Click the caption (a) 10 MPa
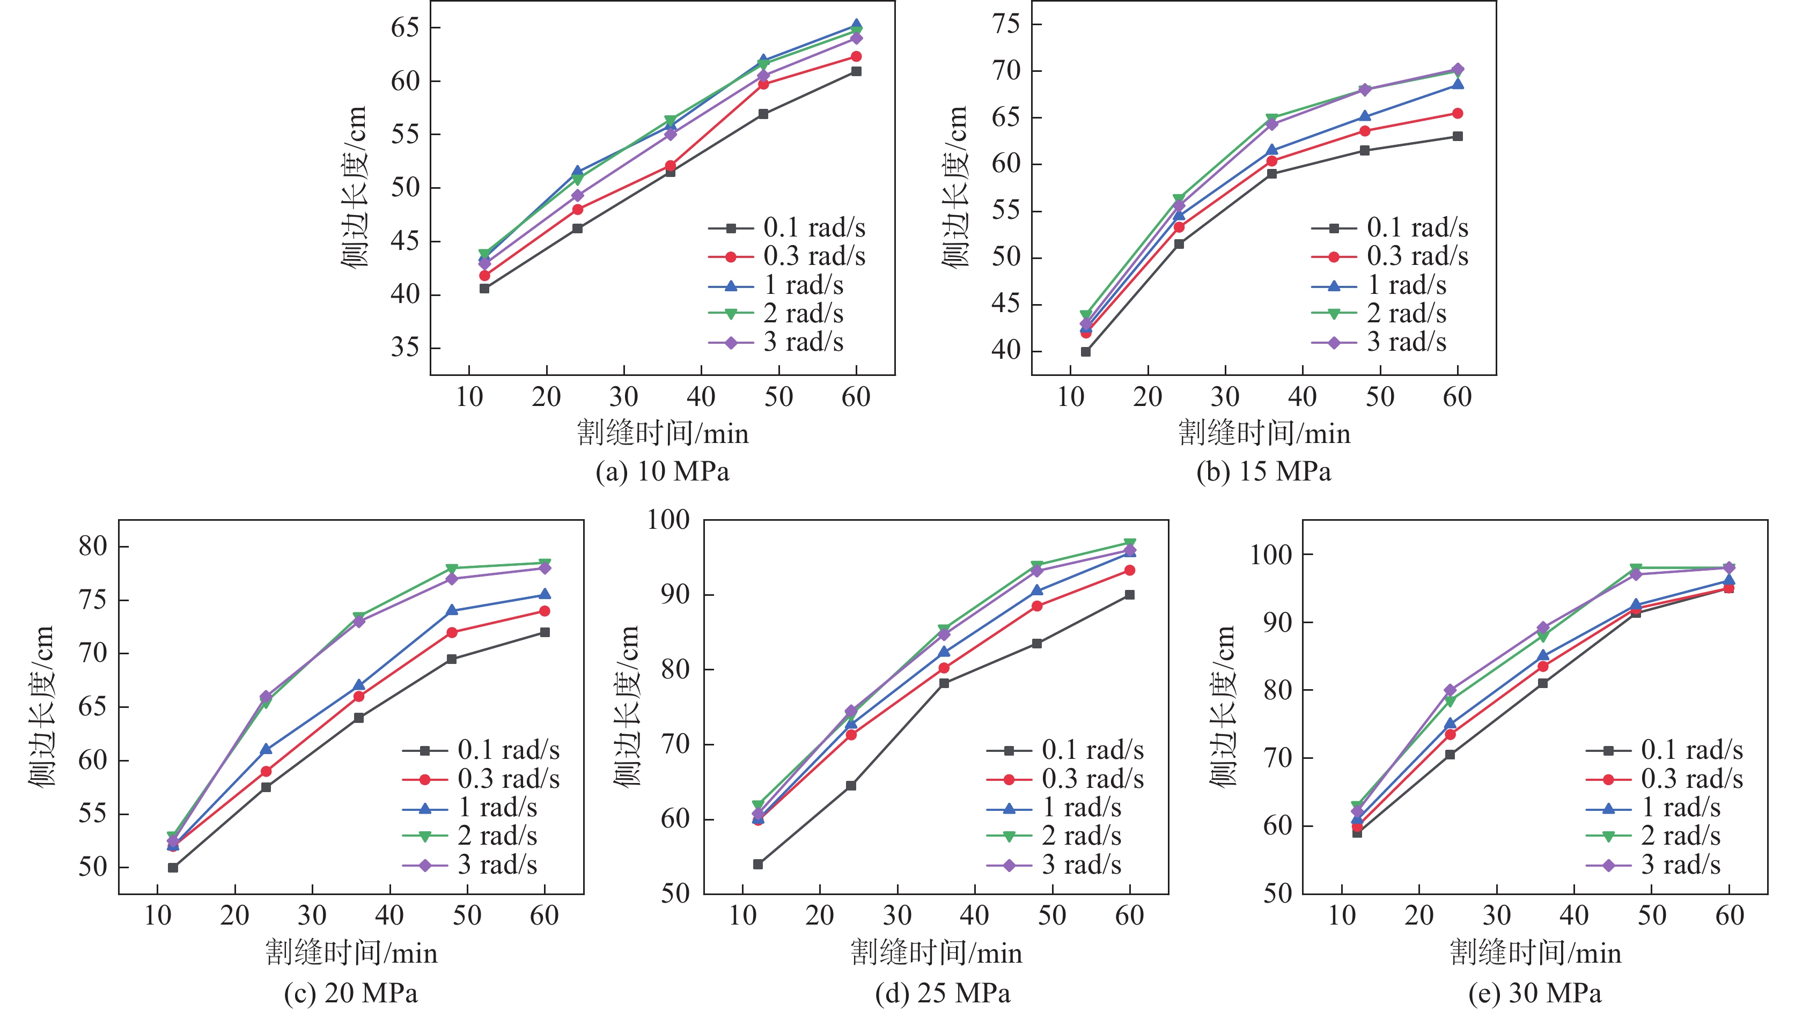(662, 471)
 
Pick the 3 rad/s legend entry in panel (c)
(497, 865)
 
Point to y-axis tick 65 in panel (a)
(405, 28)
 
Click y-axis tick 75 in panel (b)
(1006, 24)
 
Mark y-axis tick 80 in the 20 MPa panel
(93, 546)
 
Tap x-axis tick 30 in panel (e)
(1496, 915)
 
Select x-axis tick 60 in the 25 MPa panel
(1129, 915)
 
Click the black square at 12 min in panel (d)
(758, 865)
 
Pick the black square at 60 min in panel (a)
(856, 71)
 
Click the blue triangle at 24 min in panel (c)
(266, 749)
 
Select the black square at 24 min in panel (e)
(1450, 754)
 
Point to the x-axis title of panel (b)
(1263, 434)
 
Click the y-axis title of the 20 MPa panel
(42, 706)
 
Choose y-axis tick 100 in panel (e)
(1270, 555)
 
